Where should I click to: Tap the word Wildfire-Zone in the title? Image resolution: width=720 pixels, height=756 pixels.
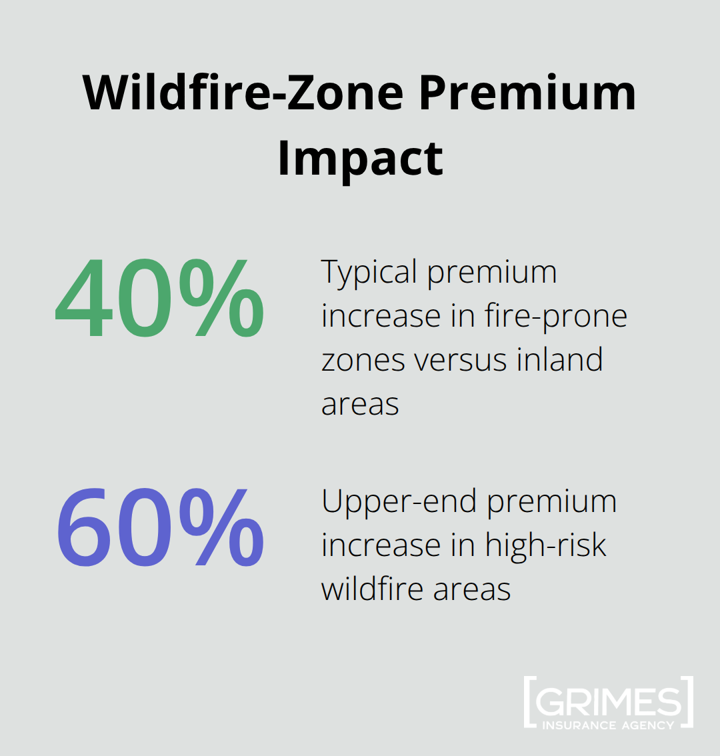(x=243, y=93)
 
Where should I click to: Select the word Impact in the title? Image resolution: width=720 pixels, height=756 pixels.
(x=360, y=158)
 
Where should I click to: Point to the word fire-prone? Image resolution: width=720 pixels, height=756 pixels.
(x=556, y=317)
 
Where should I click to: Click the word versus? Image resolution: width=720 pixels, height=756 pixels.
(x=461, y=360)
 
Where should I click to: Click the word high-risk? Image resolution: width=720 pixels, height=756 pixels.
(x=545, y=545)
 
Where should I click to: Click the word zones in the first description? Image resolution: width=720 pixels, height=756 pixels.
(x=363, y=361)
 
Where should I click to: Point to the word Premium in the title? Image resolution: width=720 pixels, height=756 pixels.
(x=527, y=93)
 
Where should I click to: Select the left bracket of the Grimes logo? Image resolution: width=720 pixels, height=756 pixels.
(x=528, y=701)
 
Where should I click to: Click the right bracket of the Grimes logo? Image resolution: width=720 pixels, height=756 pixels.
(x=689, y=701)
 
